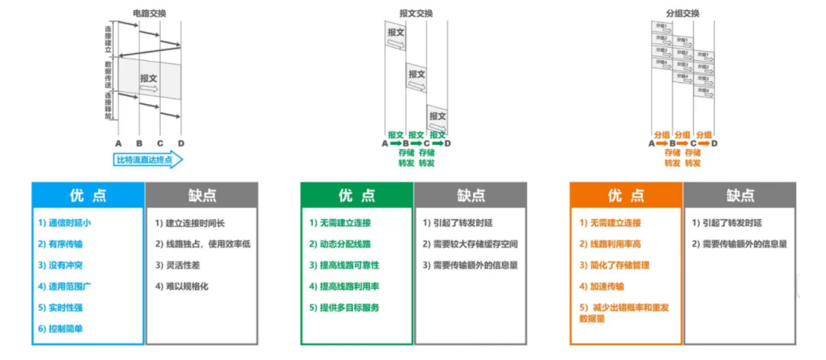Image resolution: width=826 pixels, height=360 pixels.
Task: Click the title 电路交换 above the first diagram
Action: tap(149, 13)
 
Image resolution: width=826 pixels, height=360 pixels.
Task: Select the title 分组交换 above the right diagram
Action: tap(683, 13)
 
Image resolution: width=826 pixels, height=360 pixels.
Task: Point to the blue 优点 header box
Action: tap(88, 195)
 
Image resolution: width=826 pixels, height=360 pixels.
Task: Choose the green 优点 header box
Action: tap(357, 195)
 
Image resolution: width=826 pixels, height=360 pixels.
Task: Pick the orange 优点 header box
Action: tap(626, 195)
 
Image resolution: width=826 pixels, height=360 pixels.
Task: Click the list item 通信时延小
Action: tap(65, 223)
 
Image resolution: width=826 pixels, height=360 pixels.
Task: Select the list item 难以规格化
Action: tap(182, 286)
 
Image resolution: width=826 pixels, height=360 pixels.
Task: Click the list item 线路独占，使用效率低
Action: tap(202, 244)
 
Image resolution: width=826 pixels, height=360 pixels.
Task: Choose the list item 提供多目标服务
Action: tap(344, 308)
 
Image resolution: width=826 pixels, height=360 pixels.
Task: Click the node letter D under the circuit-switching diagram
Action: tap(181, 143)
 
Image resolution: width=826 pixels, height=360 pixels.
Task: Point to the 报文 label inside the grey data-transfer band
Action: tap(149, 77)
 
